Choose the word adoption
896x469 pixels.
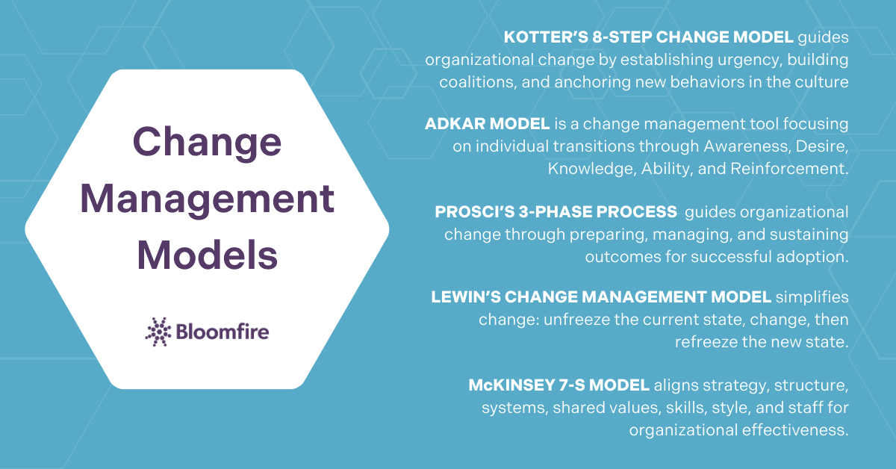point(814,257)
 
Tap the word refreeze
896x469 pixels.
point(706,343)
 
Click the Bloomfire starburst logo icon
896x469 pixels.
point(158,331)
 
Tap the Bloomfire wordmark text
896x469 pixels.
point(222,331)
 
